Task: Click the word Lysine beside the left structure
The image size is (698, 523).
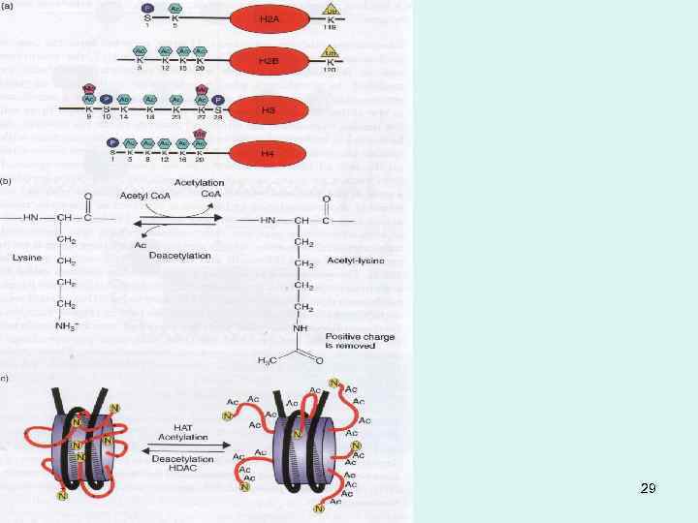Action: (x=26, y=258)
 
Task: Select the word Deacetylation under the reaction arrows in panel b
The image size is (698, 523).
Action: (x=180, y=256)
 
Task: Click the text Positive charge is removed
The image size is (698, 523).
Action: (x=361, y=339)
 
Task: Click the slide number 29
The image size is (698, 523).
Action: (x=649, y=488)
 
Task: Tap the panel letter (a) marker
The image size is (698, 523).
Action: (x=7, y=6)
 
